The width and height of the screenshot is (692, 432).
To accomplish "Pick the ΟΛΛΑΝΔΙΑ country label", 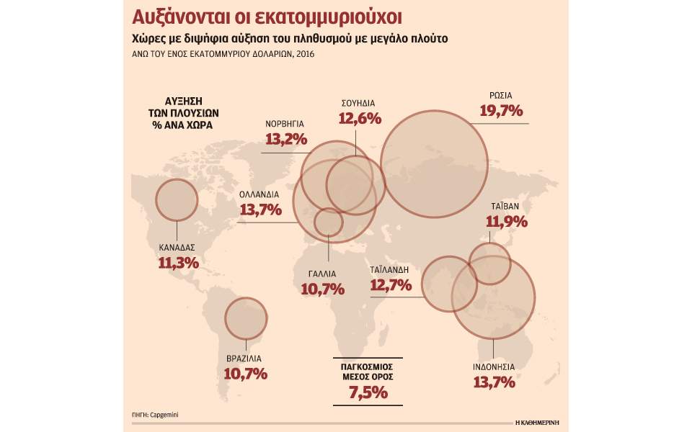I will [x=261, y=194].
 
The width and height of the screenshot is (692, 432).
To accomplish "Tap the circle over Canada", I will [x=177, y=200].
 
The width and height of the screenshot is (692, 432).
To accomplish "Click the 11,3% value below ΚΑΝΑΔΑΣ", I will [x=177, y=263].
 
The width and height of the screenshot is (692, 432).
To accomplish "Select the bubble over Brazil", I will [x=247, y=319].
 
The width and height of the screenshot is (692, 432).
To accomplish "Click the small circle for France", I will [x=329, y=222].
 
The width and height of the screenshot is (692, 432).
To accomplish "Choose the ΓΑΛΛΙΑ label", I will [x=321, y=274].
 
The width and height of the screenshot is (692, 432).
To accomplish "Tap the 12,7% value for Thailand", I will [x=391, y=285].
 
